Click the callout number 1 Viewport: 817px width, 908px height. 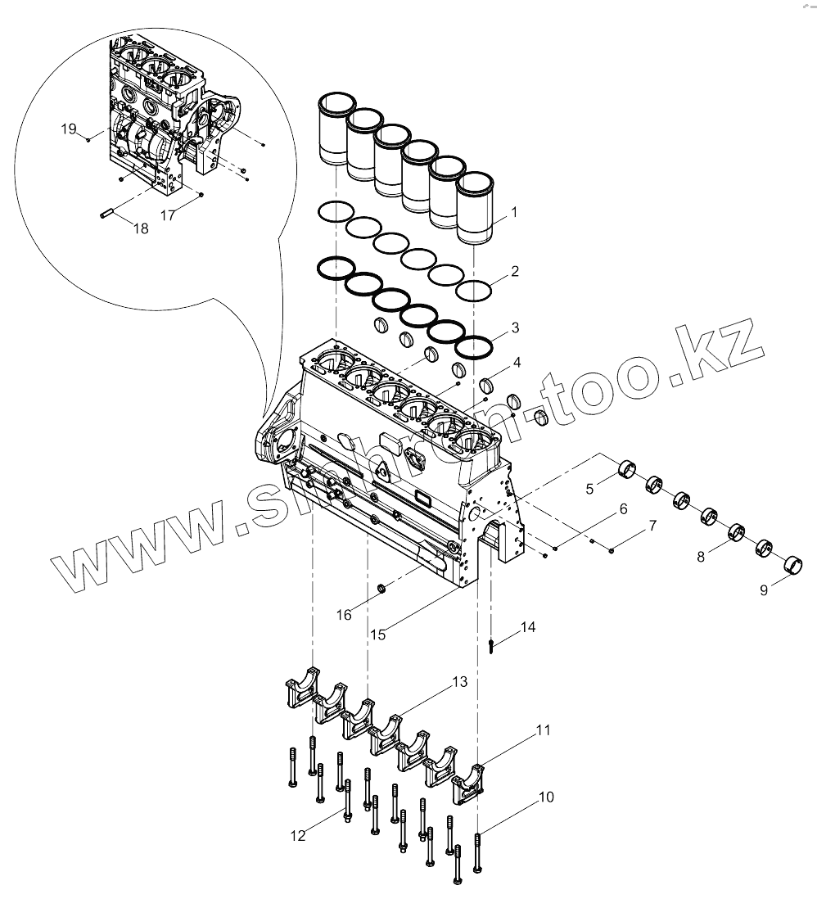[514, 212]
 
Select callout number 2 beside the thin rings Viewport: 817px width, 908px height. [515, 270]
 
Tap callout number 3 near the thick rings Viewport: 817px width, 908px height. [515, 328]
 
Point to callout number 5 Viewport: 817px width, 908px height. [589, 490]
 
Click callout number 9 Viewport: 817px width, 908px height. [764, 590]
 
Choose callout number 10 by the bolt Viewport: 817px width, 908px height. [546, 796]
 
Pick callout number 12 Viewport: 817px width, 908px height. [297, 835]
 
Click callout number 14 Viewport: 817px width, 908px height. [528, 627]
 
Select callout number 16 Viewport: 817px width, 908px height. [345, 614]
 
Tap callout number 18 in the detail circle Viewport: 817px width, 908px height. [141, 228]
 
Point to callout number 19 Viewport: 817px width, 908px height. [69, 129]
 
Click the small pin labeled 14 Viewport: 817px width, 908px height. [490, 647]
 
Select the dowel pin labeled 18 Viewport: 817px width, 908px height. [106, 215]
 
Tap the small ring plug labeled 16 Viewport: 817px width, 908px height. [381, 589]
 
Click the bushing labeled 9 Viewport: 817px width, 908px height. [792, 565]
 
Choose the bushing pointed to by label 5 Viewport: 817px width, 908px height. [627, 471]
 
